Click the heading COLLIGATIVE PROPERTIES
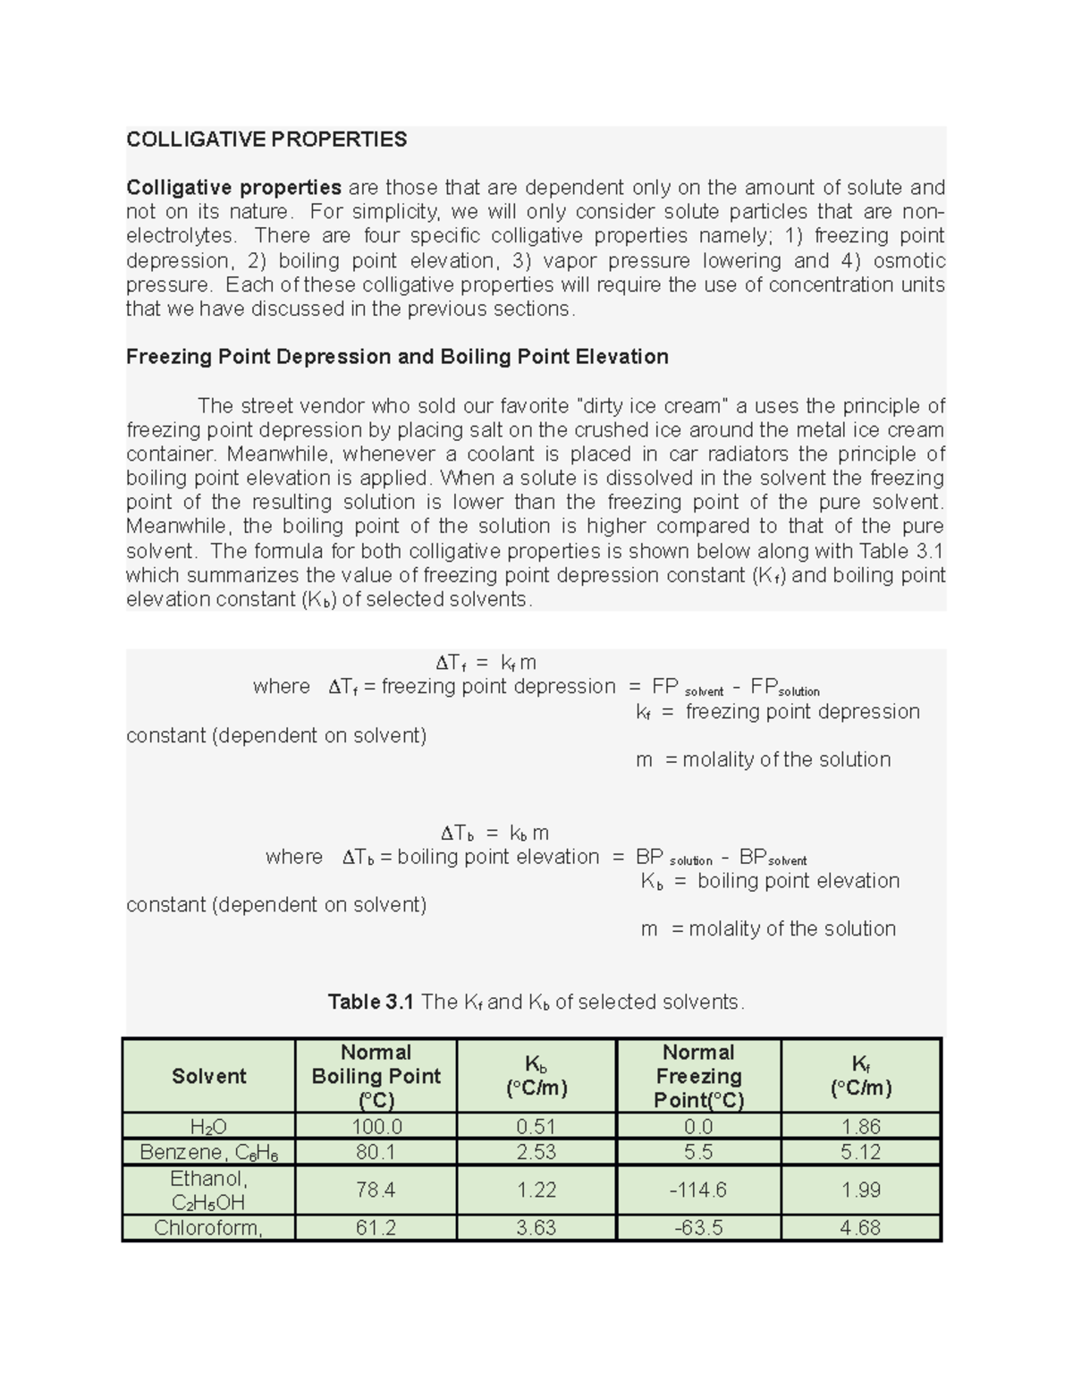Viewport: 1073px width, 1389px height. [x=266, y=140]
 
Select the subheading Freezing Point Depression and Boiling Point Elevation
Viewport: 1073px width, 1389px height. [x=397, y=357]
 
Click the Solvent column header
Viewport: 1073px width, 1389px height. [x=208, y=1076]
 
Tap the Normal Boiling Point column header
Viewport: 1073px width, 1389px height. [x=376, y=1076]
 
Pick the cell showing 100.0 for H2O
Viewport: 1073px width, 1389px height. [x=376, y=1126]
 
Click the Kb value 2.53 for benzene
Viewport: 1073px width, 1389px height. [x=536, y=1152]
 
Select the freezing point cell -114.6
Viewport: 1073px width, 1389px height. [x=699, y=1190]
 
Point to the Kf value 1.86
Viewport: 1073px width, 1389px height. [x=860, y=1126]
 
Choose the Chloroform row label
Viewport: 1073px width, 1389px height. [x=208, y=1227]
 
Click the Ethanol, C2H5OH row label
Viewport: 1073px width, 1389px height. [x=208, y=1190]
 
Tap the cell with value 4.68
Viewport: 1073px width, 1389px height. [x=860, y=1227]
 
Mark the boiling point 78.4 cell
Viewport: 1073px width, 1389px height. [x=376, y=1190]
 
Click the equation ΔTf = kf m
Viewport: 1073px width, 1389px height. [x=486, y=663]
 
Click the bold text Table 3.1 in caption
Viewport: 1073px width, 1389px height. [x=370, y=1002]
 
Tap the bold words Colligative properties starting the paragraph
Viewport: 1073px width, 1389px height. [x=233, y=188]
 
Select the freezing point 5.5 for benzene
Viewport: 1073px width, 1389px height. [x=699, y=1152]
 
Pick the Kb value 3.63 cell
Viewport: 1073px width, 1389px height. [x=536, y=1227]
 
